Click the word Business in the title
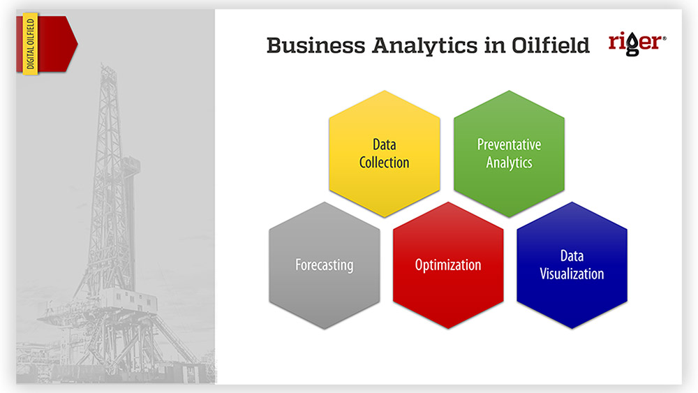tap(315, 45)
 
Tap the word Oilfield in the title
tap(550, 45)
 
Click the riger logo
tap(637, 43)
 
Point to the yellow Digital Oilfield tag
tap(30, 43)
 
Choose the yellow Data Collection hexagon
tap(385, 154)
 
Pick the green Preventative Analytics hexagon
tap(510, 154)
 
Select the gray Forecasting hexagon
tap(325, 266)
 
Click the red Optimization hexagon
tap(448, 266)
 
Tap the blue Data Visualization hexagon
tap(572, 266)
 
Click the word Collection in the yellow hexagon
tap(384, 163)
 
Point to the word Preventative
tap(510, 144)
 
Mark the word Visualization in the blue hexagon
tap(572, 274)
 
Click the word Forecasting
tap(325, 265)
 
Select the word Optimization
tap(448, 265)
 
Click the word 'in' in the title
tap(494, 45)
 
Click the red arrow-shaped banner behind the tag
tap(47, 43)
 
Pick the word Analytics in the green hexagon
tap(510, 163)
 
